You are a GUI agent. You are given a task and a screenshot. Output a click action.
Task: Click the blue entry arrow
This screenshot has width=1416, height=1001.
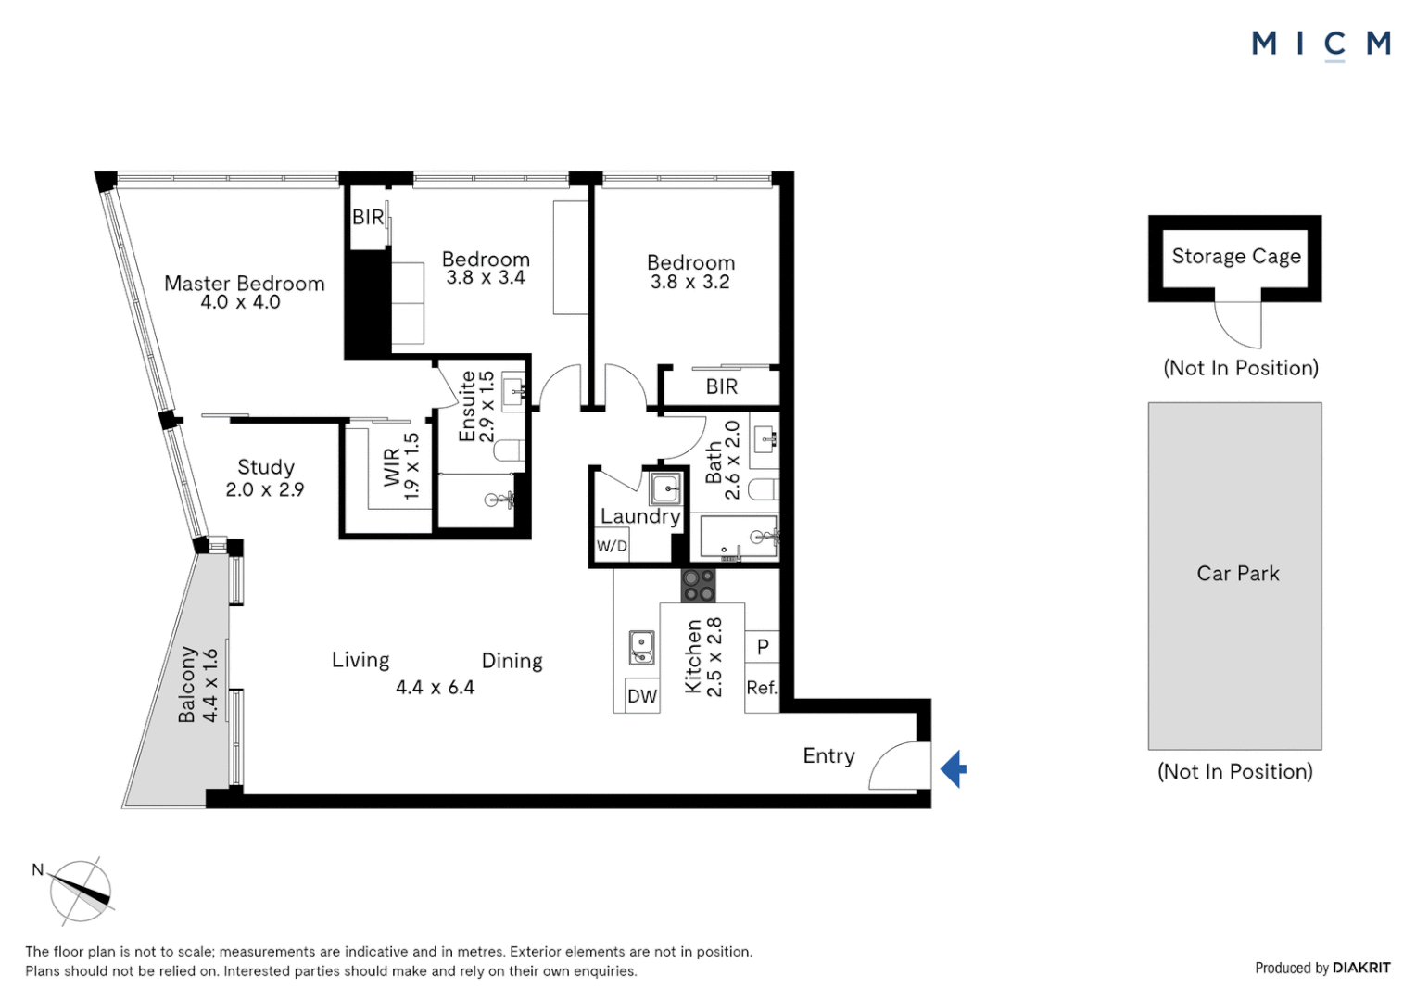(955, 769)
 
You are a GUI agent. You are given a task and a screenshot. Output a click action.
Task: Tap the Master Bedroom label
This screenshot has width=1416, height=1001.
(245, 284)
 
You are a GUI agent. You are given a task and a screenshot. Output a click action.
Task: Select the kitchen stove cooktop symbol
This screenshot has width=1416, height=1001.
(699, 586)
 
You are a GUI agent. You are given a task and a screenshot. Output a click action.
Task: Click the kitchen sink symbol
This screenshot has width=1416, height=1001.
(641, 647)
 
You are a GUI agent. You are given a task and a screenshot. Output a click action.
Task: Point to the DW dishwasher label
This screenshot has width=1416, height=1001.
(641, 697)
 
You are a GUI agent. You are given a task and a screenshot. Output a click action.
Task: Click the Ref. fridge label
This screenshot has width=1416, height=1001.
(762, 688)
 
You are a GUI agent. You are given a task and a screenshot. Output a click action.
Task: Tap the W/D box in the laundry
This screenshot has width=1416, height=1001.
(612, 546)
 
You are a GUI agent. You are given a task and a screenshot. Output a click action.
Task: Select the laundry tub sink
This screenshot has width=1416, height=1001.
(664, 488)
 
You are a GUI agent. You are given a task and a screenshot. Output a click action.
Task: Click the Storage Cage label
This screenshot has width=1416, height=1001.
(1236, 256)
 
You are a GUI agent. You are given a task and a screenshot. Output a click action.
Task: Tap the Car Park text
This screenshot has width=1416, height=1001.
(1237, 574)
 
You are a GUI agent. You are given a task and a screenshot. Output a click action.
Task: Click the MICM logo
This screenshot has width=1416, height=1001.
(1321, 44)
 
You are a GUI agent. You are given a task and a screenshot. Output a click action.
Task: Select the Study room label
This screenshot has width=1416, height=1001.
(266, 467)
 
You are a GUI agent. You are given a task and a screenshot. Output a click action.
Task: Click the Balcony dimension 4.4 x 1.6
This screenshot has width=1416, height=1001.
(210, 685)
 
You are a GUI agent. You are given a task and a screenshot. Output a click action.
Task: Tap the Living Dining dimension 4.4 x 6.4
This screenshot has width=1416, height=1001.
(435, 688)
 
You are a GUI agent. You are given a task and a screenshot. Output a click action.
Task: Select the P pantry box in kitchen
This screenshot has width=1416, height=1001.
(763, 646)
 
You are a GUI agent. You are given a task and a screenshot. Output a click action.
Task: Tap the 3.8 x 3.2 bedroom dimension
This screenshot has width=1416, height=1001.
(690, 283)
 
